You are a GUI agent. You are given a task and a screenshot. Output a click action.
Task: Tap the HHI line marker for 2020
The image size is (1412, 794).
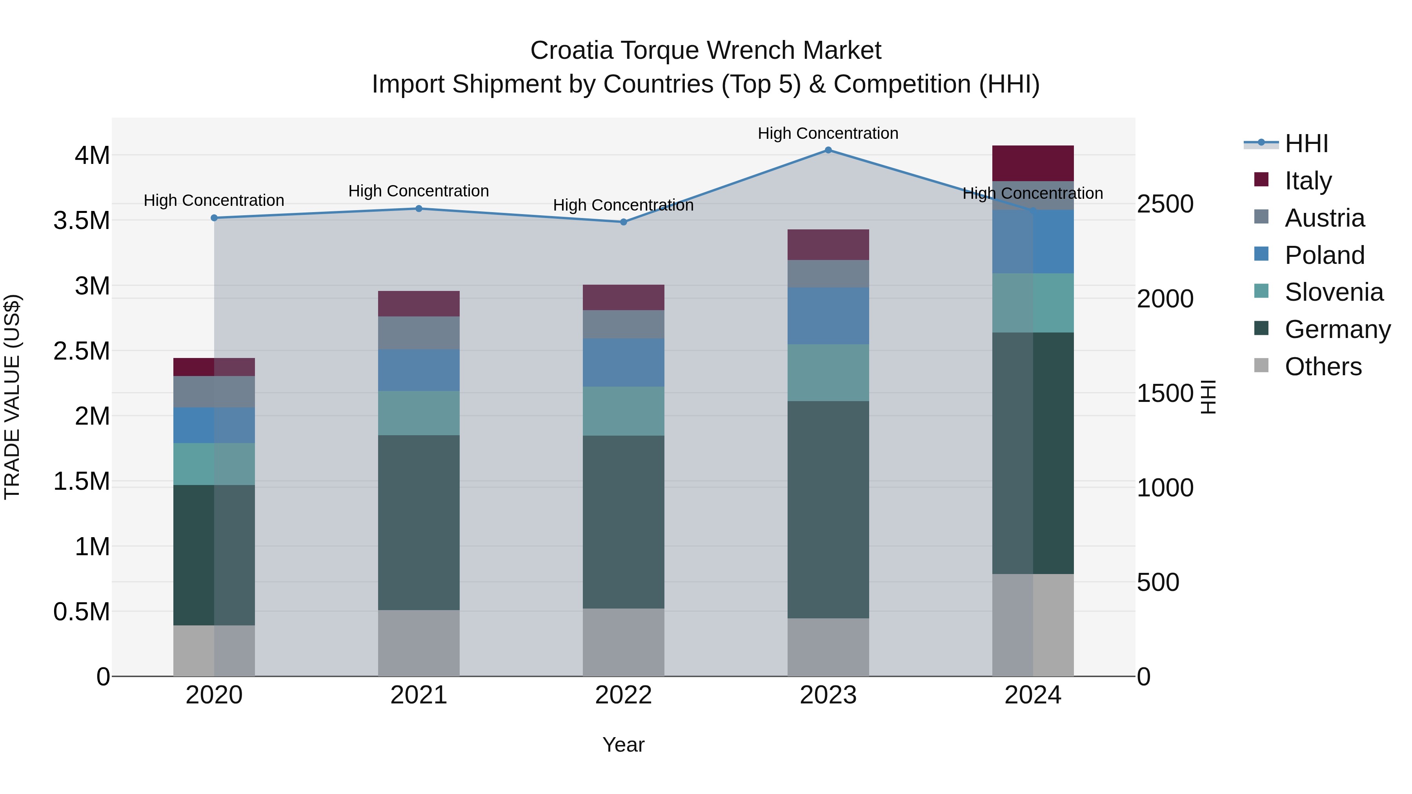(x=214, y=218)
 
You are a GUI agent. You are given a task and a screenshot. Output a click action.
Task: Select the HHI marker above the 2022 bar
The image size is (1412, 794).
(x=623, y=222)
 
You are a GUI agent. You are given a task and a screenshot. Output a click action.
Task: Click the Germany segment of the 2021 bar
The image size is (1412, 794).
(x=419, y=522)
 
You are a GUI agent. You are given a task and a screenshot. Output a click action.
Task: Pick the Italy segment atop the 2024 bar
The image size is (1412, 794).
(x=1033, y=163)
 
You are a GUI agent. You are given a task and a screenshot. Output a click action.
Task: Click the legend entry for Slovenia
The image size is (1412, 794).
(x=1333, y=292)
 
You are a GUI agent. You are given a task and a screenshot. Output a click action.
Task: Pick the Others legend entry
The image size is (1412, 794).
(x=1322, y=367)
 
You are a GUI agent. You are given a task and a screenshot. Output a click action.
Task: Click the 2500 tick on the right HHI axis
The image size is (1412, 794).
(x=1165, y=204)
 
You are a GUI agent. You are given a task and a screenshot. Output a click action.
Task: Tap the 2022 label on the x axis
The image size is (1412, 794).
(x=623, y=695)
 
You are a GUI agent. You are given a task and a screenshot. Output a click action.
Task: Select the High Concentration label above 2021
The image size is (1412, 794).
(x=419, y=191)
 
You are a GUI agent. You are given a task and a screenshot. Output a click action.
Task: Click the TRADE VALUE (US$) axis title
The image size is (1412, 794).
(x=12, y=397)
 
